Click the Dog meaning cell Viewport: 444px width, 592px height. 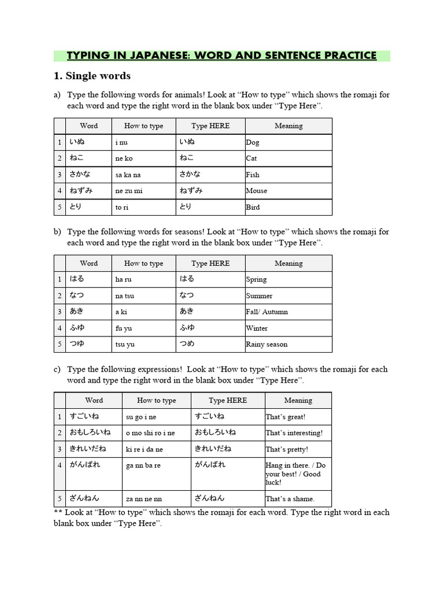pos(253,142)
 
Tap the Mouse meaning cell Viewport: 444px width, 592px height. pos(256,191)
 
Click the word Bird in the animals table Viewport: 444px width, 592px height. pos(253,207)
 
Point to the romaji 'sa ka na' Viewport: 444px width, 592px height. pos(128,175)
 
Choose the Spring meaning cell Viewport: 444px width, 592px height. pos(256,280)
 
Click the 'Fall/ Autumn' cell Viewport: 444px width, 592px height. pos(267,312)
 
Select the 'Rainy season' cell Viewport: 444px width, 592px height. pos(267,345)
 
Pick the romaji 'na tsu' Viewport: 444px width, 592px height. pos(124,296)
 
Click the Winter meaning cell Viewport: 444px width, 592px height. pos(257,328)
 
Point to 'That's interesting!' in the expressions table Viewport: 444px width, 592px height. pos(294,433)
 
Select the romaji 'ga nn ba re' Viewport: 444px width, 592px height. pos(143,465)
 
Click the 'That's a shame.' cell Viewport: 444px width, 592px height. pos(290,499)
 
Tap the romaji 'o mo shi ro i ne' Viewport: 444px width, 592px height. pos(150,433)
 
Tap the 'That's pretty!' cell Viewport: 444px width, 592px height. pos(287,449)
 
